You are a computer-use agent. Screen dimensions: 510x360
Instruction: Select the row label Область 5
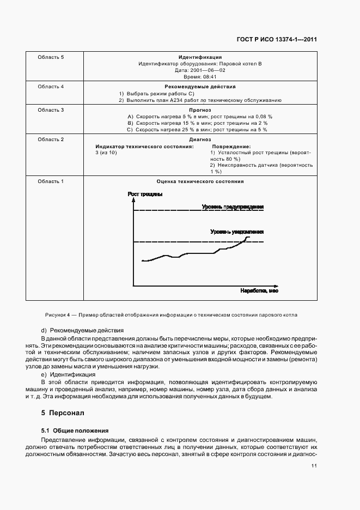pos(51,57)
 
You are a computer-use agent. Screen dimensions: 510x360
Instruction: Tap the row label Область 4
pos(51,87)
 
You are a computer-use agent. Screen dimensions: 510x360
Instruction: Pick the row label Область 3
pos(51,110)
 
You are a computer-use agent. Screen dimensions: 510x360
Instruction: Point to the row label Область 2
pos(51,139)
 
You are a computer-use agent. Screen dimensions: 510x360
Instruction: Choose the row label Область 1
pos(51,181)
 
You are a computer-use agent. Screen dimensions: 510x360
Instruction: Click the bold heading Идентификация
pos(200,57)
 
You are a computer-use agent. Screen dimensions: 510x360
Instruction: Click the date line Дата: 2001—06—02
pos(200,71)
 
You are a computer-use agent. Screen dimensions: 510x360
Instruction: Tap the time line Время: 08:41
pos(200,78)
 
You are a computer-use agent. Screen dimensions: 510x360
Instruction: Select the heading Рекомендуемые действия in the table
pos(200,87)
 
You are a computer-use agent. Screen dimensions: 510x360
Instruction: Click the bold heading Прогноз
pos(200,110)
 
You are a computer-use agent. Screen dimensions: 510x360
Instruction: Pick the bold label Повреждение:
pos(231,147)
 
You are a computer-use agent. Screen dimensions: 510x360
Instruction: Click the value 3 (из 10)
pos(106,153)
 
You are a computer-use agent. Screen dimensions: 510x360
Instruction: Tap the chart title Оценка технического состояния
pos(200,181)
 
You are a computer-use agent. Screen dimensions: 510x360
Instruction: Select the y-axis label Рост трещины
pos(145,194)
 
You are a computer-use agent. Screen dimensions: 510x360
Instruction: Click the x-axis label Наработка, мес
pos(259,291)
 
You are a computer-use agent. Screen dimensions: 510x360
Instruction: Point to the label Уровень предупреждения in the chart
pos(233,207)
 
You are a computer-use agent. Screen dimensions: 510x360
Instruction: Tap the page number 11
pos(314,465)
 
